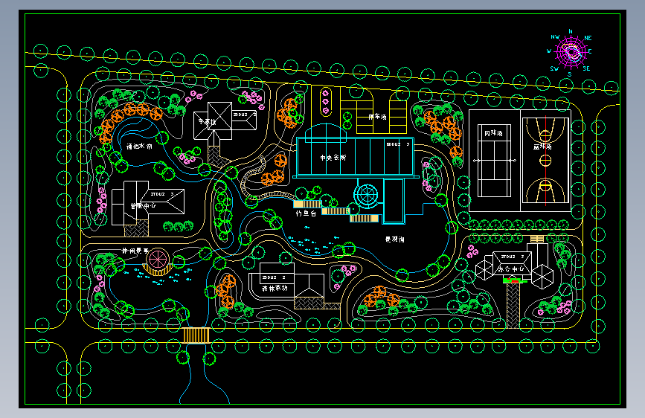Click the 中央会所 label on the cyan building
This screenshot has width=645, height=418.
click(x=333, y=158)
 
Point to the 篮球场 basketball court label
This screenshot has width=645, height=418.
click(x=543, y=147)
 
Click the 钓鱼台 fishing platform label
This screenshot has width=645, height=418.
click(x=307, y=213)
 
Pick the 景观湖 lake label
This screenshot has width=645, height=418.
click(x=394, y=239)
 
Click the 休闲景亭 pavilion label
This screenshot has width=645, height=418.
click(x=135, y=251)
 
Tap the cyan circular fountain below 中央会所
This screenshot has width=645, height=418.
click(x=366, y=196)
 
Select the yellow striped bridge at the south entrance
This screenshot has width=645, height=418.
click(x=197, y=335)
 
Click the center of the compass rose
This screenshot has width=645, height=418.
click(x=571, y=52)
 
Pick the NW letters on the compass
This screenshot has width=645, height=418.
click(x=554, y=36)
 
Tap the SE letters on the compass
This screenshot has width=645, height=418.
click(x=586, y=68)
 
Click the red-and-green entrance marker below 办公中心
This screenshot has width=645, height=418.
click(x=513, y=280)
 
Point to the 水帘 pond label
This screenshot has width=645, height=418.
click(x=139, y=147)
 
